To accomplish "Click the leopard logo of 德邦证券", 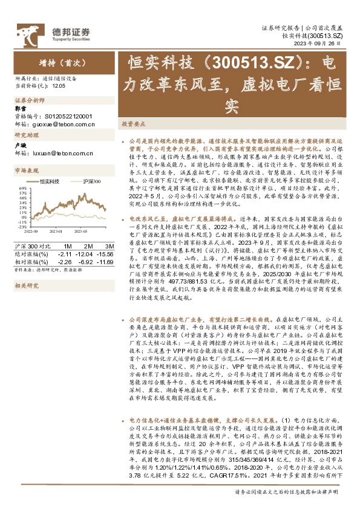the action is tap(27, 33).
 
